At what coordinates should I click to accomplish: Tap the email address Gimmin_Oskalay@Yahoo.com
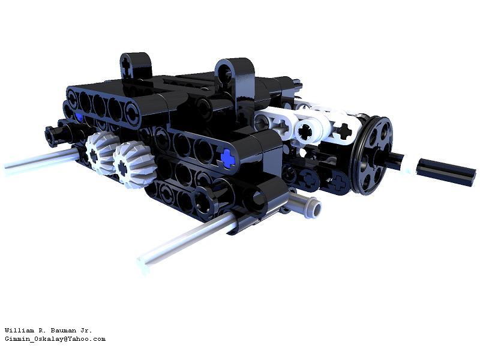(55, 339)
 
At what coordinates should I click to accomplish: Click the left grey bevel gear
(101, 153)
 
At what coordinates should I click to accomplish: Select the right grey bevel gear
(133, 166)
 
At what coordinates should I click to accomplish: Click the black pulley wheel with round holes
(371, 155)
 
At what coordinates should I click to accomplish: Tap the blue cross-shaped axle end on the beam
(228, 158)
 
